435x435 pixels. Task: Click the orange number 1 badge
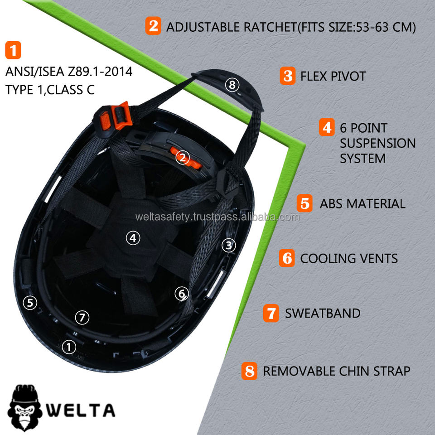click(x=13, y=50)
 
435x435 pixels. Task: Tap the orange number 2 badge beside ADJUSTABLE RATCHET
click(x=153, y=26)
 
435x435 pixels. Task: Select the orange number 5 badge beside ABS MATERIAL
click(x=305, y=203)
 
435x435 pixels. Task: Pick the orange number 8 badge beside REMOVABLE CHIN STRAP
click(x=249, y=371)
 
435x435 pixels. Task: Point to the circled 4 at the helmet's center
click(x=133, y=237)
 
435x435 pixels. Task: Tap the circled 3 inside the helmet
click(x=229, y=245)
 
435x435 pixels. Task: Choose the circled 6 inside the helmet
click(x=181, y=294)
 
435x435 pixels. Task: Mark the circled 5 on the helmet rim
click(x=30, y=302)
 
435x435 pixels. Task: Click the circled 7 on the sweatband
click(x=82, y=317)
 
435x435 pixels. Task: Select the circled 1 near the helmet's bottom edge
click(x=68, y=347)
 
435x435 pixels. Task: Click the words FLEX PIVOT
click(x=333, y=76)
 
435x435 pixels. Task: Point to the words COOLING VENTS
click(x=349, y=258)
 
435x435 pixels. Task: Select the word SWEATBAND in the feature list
click(x=323, y=313)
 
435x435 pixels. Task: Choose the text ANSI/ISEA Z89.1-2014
click(x=69, y=72)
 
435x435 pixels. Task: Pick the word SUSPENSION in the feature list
click(x=377, y=143)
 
